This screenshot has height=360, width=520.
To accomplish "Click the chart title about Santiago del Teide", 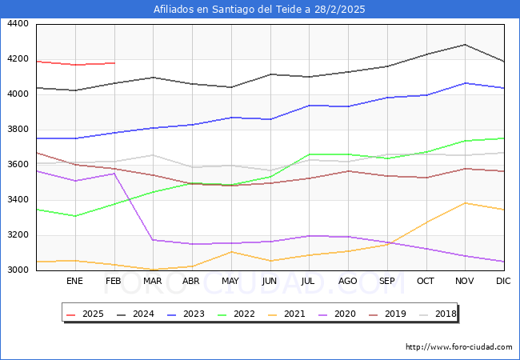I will [x=260, y=10].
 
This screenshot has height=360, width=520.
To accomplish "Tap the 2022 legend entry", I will [x=238, y=314].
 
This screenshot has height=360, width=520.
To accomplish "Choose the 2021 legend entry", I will [x=289, y=314].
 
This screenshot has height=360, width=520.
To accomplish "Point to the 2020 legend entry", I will [x=338, y=314].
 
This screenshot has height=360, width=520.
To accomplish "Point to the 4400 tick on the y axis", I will [x=18, y=24].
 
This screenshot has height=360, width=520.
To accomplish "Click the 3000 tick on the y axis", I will [x=18, y=270].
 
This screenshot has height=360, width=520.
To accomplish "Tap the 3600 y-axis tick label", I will [x=18, y=165].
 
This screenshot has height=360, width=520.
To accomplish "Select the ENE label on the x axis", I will [x=74, y=282].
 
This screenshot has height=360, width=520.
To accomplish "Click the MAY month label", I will [x=230, y=282].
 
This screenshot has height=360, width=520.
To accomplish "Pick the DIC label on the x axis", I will [x=503, y=282].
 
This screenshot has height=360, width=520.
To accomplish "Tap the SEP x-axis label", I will [x=386, y=282].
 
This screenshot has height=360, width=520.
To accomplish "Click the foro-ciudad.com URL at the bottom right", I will [x=459, y=347].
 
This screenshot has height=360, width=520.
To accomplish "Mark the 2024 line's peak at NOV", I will [x=465, y=45].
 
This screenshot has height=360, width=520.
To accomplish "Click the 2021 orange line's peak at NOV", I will [x=465, y=203].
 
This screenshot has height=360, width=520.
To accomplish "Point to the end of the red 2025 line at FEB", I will [x=114, y=63].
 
